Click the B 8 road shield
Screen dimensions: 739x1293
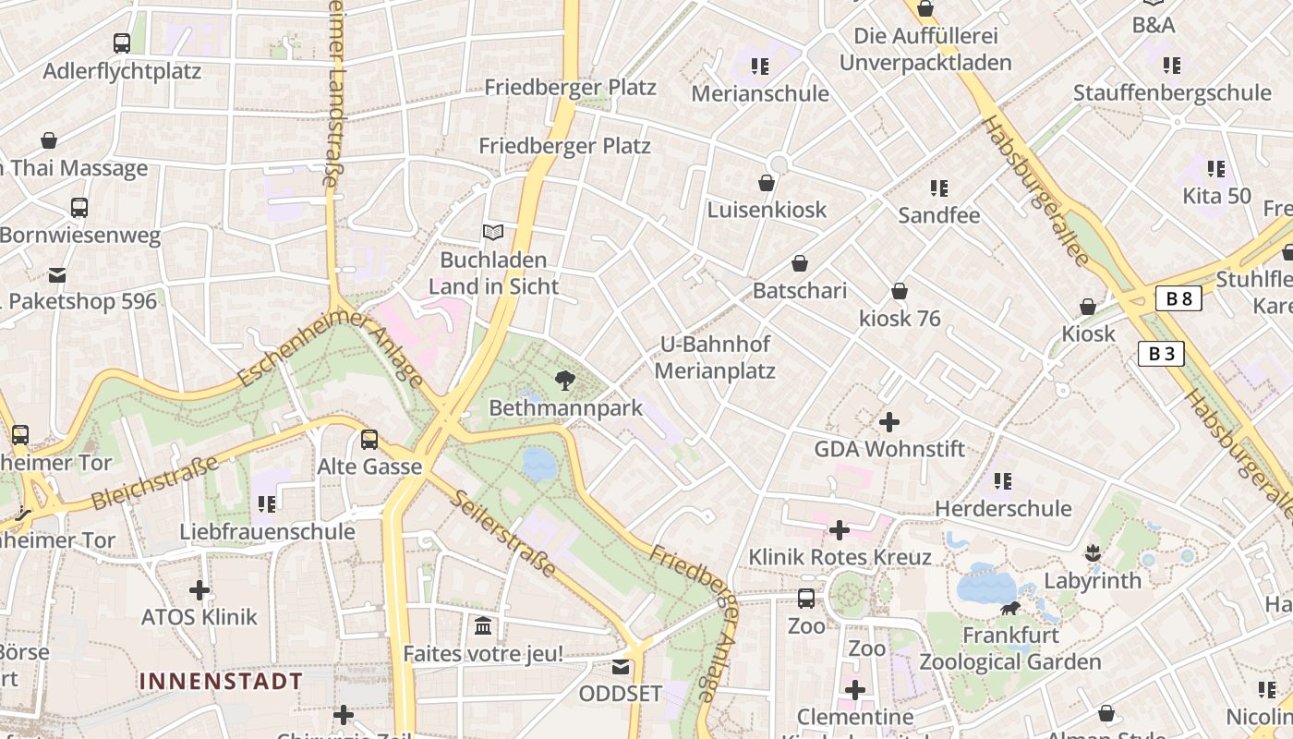[x=1178, y=298]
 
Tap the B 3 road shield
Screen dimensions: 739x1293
[x=1160, y=354]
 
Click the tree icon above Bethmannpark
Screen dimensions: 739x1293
[x=564, y=380]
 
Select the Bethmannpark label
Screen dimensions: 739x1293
[x=565, y=408]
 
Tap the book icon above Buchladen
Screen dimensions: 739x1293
[x=493, y=232]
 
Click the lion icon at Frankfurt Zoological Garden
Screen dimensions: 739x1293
[x=1010, y=608]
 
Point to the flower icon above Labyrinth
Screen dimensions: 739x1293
[x=1094, y=553]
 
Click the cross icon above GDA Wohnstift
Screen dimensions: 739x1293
[x=888, y=422]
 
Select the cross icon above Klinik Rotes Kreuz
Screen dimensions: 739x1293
[x=839, y=530]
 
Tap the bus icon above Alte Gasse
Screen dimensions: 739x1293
[x=369, y=440]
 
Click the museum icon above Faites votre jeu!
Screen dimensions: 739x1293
[x=482, y=627]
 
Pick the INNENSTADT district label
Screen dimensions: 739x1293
[x=221, y=682]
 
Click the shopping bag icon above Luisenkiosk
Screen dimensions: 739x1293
[x=766, y=183]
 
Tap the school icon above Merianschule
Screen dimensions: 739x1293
[x=759, y=67]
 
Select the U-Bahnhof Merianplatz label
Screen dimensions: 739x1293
[x=715, y=357]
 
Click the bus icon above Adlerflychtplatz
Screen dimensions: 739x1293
[x=122, y=43]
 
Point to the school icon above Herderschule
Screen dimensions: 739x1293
[x=1002, y=481]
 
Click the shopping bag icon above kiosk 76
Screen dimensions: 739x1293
[x=900, y=292]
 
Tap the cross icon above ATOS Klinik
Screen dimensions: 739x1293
[x=199, y=590]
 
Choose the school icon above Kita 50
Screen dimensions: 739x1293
[x=1216, y=169]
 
